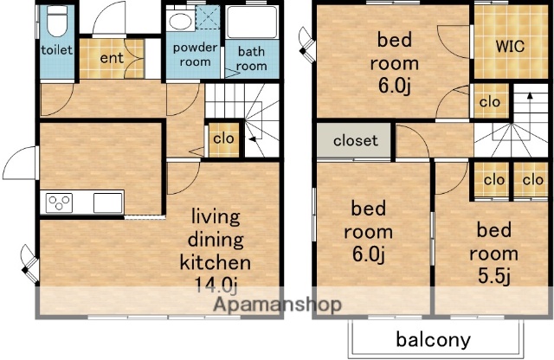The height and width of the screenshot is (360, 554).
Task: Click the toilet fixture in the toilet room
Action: click(x=57, y=21)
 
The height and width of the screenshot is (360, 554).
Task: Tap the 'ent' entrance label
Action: click(x=112, y=58)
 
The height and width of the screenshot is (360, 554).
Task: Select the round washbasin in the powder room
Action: click(x=180, y=21)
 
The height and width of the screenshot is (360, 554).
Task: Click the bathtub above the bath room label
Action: click(x=252, y=22)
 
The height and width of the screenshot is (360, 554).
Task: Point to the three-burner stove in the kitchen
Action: click(x=59, y=202)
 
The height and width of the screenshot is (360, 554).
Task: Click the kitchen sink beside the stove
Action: click(x=107, y=202)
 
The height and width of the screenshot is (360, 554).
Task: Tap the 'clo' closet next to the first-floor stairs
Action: click(x=223, y=138)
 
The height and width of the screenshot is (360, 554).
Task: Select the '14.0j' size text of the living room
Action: click(x=216, y=285)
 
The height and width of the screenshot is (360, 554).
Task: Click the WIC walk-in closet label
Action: click(x=510, y=46)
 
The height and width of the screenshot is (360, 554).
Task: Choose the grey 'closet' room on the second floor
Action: click(x=354, y=140)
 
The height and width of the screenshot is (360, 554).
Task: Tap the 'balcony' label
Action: click(x=433, y=339)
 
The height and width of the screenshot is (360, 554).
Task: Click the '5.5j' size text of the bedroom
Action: click(x=494, y=276)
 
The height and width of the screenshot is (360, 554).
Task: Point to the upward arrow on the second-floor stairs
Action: click(x=529, y=103)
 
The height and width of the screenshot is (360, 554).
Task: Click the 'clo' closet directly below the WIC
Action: click(x=490, y=102)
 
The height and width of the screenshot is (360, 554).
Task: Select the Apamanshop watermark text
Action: click(x=278, y=304)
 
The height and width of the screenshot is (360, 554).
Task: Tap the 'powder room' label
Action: click(x=195, y=55)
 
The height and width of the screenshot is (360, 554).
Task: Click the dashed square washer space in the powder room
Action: click(x=208, y=17)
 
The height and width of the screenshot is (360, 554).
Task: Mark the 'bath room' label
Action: click(x=252, y=59)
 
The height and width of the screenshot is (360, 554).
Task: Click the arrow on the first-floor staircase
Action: click(x=252, y=138)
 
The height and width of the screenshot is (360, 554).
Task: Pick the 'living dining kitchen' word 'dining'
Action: click(x=216, y=240)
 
